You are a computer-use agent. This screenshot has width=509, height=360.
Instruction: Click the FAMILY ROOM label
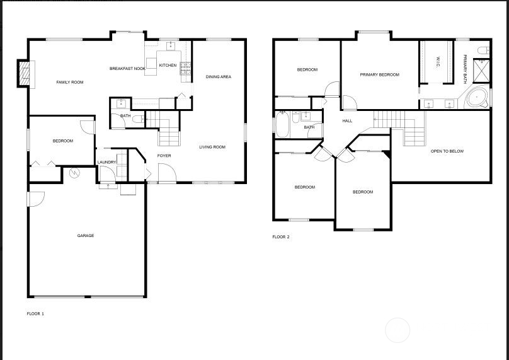pos(70,83)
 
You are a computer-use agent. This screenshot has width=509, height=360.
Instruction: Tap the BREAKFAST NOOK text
pos(127,69)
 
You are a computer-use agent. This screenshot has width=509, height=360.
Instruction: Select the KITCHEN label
pos(168,66)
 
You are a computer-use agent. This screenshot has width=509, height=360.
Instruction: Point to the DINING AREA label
pos(219,77)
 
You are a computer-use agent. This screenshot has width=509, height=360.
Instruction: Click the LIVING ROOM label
pos(212,148)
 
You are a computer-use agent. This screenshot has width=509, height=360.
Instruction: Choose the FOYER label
pos(164,156)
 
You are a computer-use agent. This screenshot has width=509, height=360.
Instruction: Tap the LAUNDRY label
pos(106,163)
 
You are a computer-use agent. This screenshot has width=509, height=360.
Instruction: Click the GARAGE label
pos(86,236)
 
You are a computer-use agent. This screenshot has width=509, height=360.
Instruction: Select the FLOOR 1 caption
pos(35,313)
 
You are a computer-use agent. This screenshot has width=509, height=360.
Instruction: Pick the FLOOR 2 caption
pos(281,237)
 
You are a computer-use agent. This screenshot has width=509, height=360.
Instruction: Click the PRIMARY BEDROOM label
pos(380,75)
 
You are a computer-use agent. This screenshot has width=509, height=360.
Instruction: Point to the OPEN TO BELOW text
pos(447,151)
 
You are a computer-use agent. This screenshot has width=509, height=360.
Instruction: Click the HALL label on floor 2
pos(347,121)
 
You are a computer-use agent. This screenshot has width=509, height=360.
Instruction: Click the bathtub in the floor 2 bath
pos(282,124)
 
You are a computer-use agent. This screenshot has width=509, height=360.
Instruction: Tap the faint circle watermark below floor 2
pos(397,330)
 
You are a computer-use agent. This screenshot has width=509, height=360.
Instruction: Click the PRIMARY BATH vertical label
pos(465,69)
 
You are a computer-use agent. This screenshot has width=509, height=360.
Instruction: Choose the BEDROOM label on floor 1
pos(63,141)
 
